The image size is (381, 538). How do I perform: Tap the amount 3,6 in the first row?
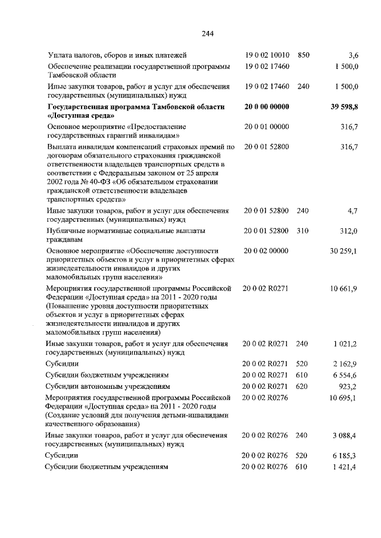pyautogui.click(x=352, y=55)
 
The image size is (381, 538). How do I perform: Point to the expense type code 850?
pyautogui.click(x=303, y=55)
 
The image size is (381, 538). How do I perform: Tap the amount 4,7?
pyautogui.click(x=352, y=210)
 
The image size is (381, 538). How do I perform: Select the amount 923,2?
pyautogui.click(x=348, y=386)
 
